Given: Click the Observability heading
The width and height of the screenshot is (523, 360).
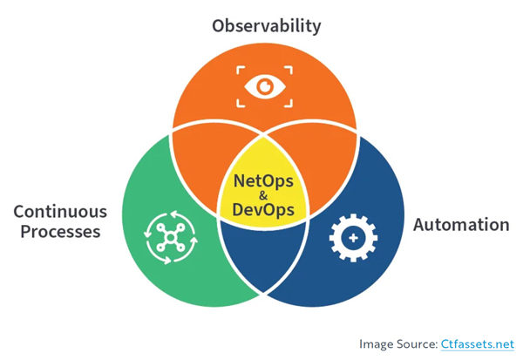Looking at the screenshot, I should (266, 24).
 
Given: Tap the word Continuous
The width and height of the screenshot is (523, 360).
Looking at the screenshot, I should (60, 212).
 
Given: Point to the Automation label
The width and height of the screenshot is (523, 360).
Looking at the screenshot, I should (460, 225).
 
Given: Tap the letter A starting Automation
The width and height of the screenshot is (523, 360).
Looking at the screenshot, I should (418, 225).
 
